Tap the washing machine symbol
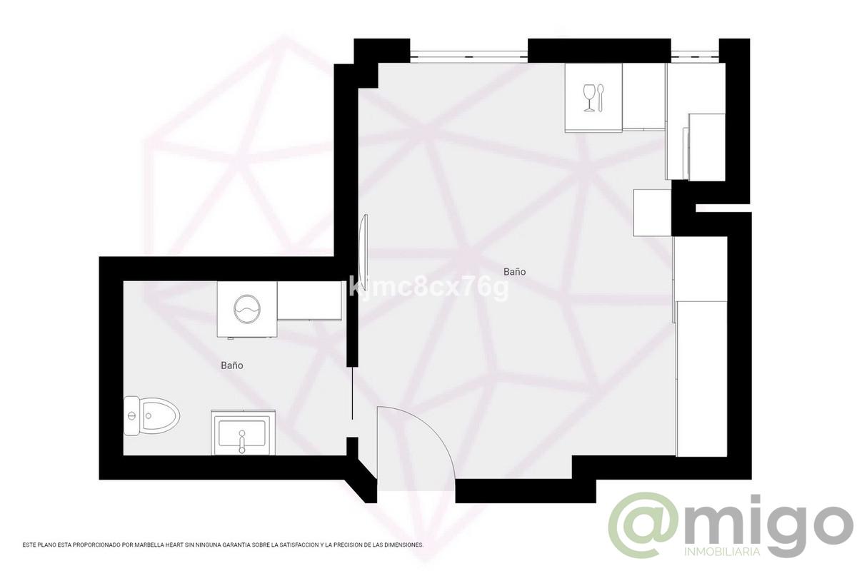click(246, 308)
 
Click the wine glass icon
click(589, 97)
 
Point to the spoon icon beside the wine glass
click(601, 97)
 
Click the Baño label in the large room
click(514, 272)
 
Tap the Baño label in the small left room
click(232, 365)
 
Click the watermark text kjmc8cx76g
click(431, 288)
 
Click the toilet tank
click(131, 415)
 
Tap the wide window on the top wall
click(468, 54)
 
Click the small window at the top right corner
click(694, 54)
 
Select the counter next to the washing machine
click(309, 300)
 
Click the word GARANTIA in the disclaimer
click(240, 545)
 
